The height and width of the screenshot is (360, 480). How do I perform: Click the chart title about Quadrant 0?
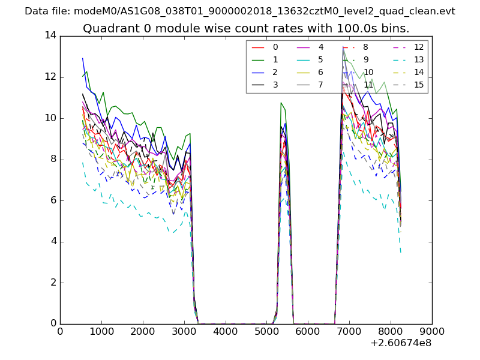click(x=246, y=28)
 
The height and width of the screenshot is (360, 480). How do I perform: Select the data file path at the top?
click(x=240, y=11)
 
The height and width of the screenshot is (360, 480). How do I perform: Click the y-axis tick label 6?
click(x=53, y=200)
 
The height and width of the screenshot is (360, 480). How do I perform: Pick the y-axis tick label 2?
click(x=53, y=283)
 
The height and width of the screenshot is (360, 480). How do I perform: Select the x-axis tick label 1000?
click(x=101, y=332)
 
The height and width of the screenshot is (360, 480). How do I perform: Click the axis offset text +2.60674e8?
click(x=401, y=344)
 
